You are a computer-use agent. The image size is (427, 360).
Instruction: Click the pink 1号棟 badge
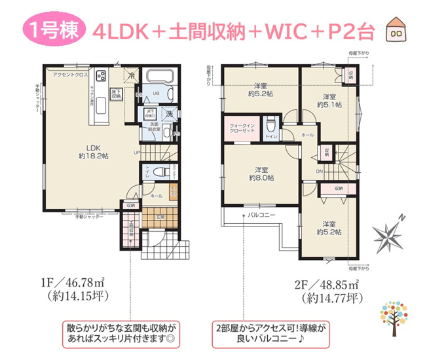(53, 31)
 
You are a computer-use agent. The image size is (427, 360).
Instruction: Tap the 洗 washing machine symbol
(168, 114)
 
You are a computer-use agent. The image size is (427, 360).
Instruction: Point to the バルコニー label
(261, 215)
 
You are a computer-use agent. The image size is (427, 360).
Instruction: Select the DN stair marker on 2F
(319, 171)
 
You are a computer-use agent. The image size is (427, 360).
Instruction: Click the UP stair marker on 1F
(136, 153)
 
